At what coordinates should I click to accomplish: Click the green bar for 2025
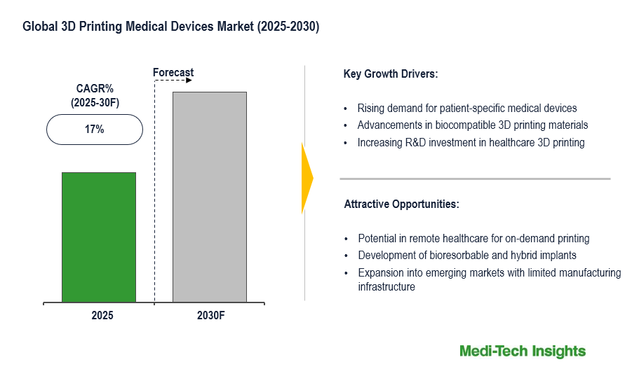(98, 237)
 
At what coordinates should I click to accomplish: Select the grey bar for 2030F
(209, 197)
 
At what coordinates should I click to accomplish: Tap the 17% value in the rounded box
(95, 130)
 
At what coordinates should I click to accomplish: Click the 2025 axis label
(102, 316)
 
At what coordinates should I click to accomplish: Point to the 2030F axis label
(210, 316)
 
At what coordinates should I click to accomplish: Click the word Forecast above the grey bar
(173, 73)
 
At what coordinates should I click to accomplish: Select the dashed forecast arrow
(173, 81)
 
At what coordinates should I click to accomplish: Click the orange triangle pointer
(307, 179)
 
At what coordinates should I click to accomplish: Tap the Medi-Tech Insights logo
(522, 351)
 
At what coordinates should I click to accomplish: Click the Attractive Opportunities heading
(401, 204)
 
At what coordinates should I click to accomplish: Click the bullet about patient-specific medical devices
(466, 109)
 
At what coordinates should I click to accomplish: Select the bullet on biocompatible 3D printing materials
(472, 125)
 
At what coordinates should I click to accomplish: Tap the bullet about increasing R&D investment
(471, 143)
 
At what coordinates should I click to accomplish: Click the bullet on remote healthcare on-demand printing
(473, 238)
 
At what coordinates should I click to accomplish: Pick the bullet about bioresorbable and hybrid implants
(466, 256)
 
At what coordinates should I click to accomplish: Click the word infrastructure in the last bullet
(386, 286)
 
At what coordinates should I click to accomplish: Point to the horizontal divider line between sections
(475, 179)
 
